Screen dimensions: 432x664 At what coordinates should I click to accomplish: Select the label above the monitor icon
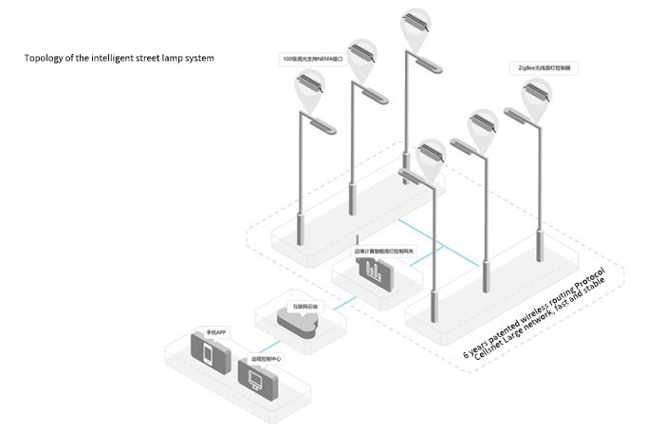(x=266, y=360)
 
